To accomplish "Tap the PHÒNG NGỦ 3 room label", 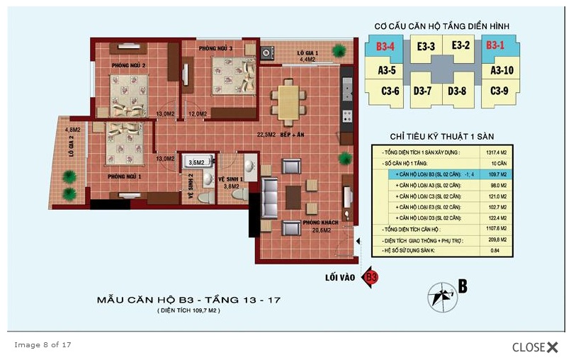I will pos(215,48).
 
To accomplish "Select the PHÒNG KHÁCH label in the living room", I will pos(317,222).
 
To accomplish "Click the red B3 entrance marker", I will pos(370,278).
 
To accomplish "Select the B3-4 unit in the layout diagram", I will pos(385,47).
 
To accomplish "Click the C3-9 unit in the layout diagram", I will pos(499,91).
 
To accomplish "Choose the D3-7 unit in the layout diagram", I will pos(423,91).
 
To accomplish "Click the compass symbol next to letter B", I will pos(442,294).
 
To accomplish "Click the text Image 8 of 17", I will pos(43,345).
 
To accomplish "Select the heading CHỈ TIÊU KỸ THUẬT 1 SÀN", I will pos(442,135).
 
